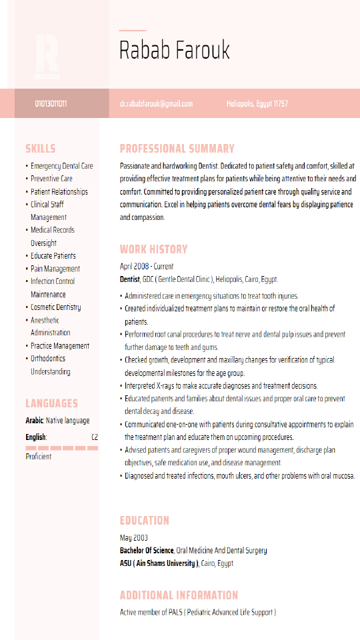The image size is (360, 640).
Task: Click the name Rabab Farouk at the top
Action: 174,50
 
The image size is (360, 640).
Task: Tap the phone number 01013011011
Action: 51,104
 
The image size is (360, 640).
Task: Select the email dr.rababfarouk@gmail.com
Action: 156,104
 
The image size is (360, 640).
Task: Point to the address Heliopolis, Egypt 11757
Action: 257,104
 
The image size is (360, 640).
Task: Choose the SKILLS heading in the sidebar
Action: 41,149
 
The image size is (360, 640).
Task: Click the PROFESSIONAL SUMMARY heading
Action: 177,149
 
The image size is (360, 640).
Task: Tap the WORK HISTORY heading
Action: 154,249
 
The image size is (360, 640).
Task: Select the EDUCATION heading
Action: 145,521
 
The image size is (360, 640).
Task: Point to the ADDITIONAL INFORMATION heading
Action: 179,595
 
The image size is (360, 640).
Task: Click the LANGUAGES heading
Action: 52,403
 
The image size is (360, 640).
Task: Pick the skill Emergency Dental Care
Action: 61,166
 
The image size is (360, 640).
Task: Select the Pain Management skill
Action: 55,269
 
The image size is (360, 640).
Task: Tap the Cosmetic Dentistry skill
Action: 55,307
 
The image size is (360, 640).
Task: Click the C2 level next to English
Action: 95,437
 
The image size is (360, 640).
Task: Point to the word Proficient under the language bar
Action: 39,457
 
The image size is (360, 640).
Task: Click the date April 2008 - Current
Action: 147,267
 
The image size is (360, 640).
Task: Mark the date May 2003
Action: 134,538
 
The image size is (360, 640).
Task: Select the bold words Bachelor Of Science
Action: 147,551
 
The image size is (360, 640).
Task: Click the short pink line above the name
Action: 133,31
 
